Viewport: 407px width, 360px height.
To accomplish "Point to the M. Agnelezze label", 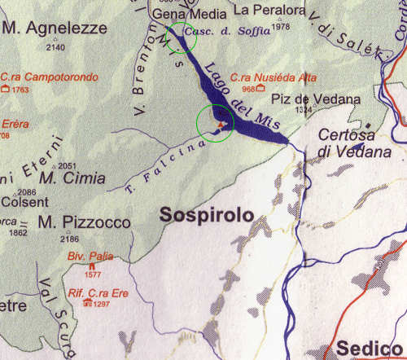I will [55, 29].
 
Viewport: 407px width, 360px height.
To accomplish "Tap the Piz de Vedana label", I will [316, 99].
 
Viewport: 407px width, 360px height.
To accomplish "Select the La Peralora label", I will [269, 11].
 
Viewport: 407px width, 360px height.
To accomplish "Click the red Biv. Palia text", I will [90, 255].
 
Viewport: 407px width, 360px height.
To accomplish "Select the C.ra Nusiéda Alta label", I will [261, 77].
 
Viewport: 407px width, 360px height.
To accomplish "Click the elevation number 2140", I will [56, 47].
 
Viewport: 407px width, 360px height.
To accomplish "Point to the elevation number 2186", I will [69, 239].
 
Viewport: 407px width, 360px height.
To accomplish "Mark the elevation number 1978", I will [282, 27].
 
